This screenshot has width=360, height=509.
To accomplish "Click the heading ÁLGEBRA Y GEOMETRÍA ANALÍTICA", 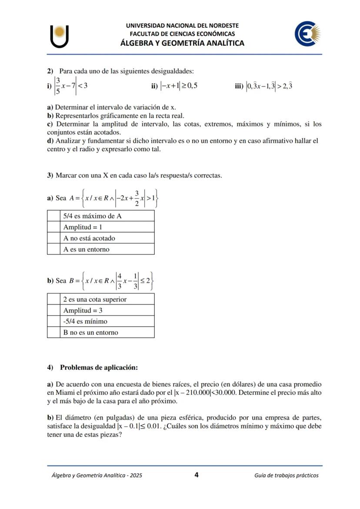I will click(182, 43).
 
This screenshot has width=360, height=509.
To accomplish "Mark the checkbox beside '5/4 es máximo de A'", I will click(53, 216).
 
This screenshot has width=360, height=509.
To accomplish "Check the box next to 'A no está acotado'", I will click(53, 238).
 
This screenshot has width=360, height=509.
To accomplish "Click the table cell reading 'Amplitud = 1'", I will click(107, 227).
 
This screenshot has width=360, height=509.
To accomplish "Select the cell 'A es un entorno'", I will click(107, 250).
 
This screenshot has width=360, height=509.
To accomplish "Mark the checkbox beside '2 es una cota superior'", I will click(53, 299).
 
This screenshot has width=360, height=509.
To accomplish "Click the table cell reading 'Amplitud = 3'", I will click(107, 310).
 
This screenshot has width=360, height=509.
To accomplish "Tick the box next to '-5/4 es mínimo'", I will click(53, 322).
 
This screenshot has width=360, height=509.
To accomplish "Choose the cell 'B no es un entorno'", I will click(107, 333).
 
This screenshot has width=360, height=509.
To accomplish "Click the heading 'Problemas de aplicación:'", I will click(99, 368).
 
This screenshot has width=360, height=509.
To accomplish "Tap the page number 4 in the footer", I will click(197, 475).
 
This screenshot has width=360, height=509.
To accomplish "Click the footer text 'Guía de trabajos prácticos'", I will click(286, 476).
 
